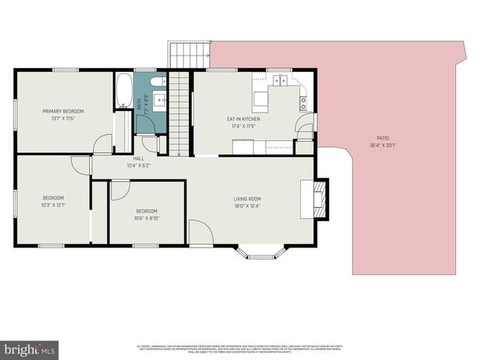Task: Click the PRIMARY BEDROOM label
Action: click(63, 111)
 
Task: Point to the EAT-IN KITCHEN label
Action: click(243, 119)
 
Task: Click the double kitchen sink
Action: click(282, 79)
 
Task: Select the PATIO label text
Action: click(382, 138)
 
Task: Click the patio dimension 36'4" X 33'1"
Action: click(382, 145)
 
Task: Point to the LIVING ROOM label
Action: click(247, 199)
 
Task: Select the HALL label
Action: click(139, 158)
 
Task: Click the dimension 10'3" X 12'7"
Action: click(55, 205)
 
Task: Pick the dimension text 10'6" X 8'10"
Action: click(146, 218)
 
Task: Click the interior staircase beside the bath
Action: click(178, 112)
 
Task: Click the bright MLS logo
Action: click(30, 349)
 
